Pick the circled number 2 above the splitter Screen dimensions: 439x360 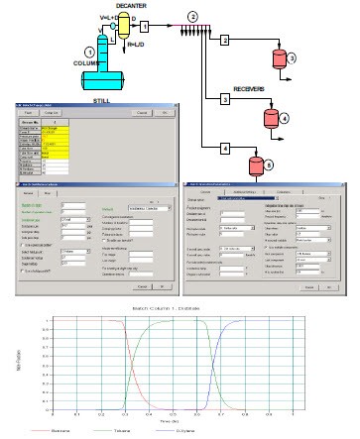tap(192, 17)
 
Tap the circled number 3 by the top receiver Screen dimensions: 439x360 tap(292, 60)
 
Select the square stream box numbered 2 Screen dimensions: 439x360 tap(225, 40)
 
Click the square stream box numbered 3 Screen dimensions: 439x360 tap(224, 100)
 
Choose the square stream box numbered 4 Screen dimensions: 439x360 tap(224, 148)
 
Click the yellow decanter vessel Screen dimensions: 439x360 tap(126, 27)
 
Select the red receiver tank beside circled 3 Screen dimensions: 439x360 tap(270, 58)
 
